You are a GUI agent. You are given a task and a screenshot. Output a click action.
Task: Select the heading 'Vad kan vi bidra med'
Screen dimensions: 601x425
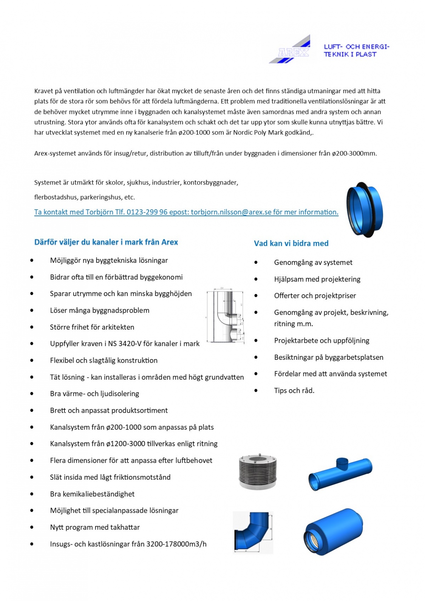click(291, 243)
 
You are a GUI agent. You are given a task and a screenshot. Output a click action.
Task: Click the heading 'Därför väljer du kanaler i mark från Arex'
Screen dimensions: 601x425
click(106, 242)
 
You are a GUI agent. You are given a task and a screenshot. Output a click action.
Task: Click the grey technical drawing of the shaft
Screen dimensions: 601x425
click(225, 315)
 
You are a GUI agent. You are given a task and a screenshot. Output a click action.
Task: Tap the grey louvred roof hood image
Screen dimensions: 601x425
click(257, 471)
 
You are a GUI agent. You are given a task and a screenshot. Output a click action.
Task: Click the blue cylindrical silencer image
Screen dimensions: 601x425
click(333, 531)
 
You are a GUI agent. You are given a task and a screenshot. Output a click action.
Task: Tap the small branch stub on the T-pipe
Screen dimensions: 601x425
click(342, 462)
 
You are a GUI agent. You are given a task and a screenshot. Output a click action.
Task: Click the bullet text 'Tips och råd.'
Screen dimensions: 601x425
click(294, 391)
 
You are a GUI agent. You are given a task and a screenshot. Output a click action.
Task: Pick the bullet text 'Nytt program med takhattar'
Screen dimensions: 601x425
click(95, 527)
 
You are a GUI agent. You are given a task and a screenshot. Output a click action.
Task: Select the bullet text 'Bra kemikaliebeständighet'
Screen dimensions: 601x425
click(92, 494)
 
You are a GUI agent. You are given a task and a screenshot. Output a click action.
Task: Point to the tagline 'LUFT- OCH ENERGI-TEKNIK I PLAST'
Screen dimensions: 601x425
click(356, 51)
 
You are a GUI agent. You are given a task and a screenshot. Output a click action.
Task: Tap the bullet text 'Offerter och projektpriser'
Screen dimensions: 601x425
click(315, 296)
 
